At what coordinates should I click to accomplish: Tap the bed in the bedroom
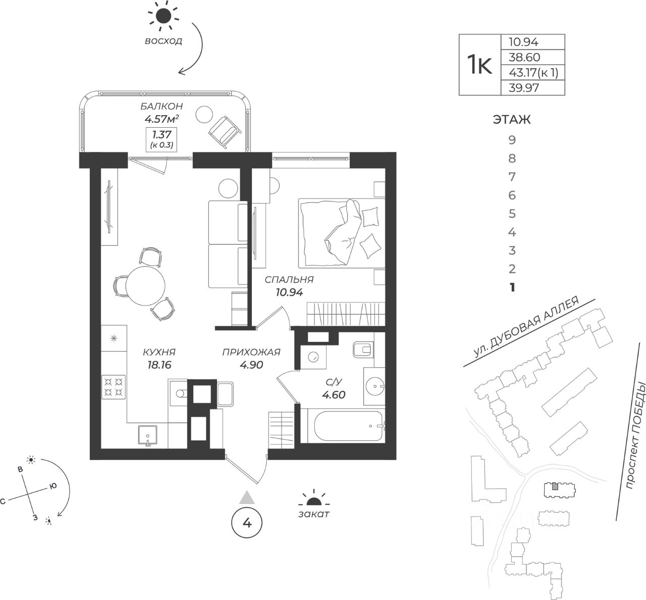[341, 232]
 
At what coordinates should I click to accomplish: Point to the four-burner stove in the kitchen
[114, 387]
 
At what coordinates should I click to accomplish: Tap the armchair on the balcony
[223, 131]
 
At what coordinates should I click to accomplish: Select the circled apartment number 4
[246, 523]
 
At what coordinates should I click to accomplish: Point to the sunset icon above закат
[314, 500]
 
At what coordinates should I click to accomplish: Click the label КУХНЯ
[159, 353]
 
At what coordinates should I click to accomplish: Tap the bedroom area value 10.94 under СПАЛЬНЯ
[289, 292]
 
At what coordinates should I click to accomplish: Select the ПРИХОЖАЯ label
[251, 353]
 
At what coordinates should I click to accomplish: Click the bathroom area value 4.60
[334, 395]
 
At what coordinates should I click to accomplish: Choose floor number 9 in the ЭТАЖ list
[512, 140]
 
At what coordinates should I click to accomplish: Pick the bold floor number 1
[512, 287]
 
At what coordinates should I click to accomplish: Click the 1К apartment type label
[479, 65]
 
